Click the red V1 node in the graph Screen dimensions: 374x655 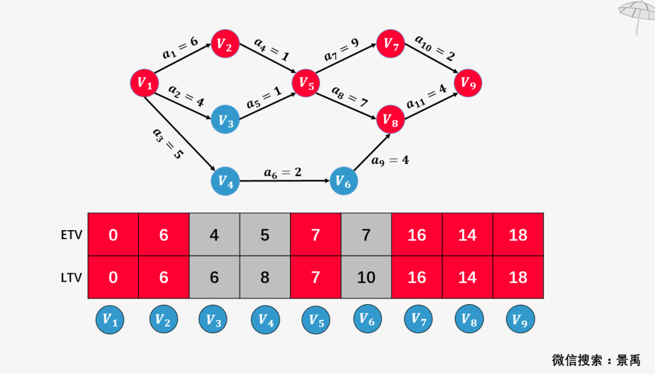coord(144,83)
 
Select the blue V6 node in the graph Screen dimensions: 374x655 coord(344,182)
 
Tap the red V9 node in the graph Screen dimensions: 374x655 coord(468,83)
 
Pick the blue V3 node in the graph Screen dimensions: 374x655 coord(226,121)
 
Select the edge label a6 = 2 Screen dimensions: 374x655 coord(283,172)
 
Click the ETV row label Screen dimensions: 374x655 coord(72,235)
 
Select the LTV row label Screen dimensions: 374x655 coord(72,277)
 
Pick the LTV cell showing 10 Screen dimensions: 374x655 coord(366,277)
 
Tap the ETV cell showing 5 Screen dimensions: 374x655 coord(265,235)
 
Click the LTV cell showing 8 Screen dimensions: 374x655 coord(265,277)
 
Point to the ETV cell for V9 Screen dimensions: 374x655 coord(518,235)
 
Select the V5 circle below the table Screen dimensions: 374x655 coord(316,320)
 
